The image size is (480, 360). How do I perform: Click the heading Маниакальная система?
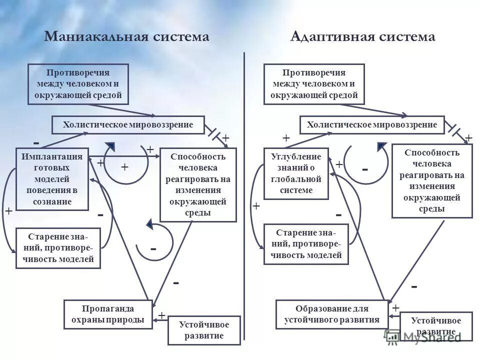pyautogui.click(x=126, y=37)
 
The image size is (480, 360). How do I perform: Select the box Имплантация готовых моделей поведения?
pyautogui.click(x=52, y=179)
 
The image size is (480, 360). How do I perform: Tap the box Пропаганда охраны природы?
pyautogui.click(x=108, y=313)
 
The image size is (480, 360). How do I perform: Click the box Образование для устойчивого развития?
pyautogui.click(x=332, y=313)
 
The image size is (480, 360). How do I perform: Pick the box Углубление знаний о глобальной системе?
pyautogui.click(x=296, y=173)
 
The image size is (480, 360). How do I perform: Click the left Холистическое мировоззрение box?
pyautogui.click(x=128, y=124)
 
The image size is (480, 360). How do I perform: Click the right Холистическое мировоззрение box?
pyautogui.click(x=371, y=124)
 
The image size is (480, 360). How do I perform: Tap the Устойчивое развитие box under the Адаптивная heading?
pyautogui.click(x=436, y=325)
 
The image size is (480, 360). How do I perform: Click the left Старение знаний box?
pyautogui.click(x=58, y=248)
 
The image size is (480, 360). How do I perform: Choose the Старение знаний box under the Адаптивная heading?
pyautogui.click(x=305, y=243)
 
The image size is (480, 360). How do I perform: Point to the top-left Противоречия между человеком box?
pyautogui.click(x=78, y=84)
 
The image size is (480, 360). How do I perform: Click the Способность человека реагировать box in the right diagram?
pyautogui.click(x=431, y=180)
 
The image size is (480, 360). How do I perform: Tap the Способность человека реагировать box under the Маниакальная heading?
pyautogui.click(x=198, y=185)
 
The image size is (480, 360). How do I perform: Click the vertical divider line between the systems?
pyautogui.click(x=244, y=200)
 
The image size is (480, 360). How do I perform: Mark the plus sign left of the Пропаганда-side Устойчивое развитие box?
pyautogui.click(x=161, y=315)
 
